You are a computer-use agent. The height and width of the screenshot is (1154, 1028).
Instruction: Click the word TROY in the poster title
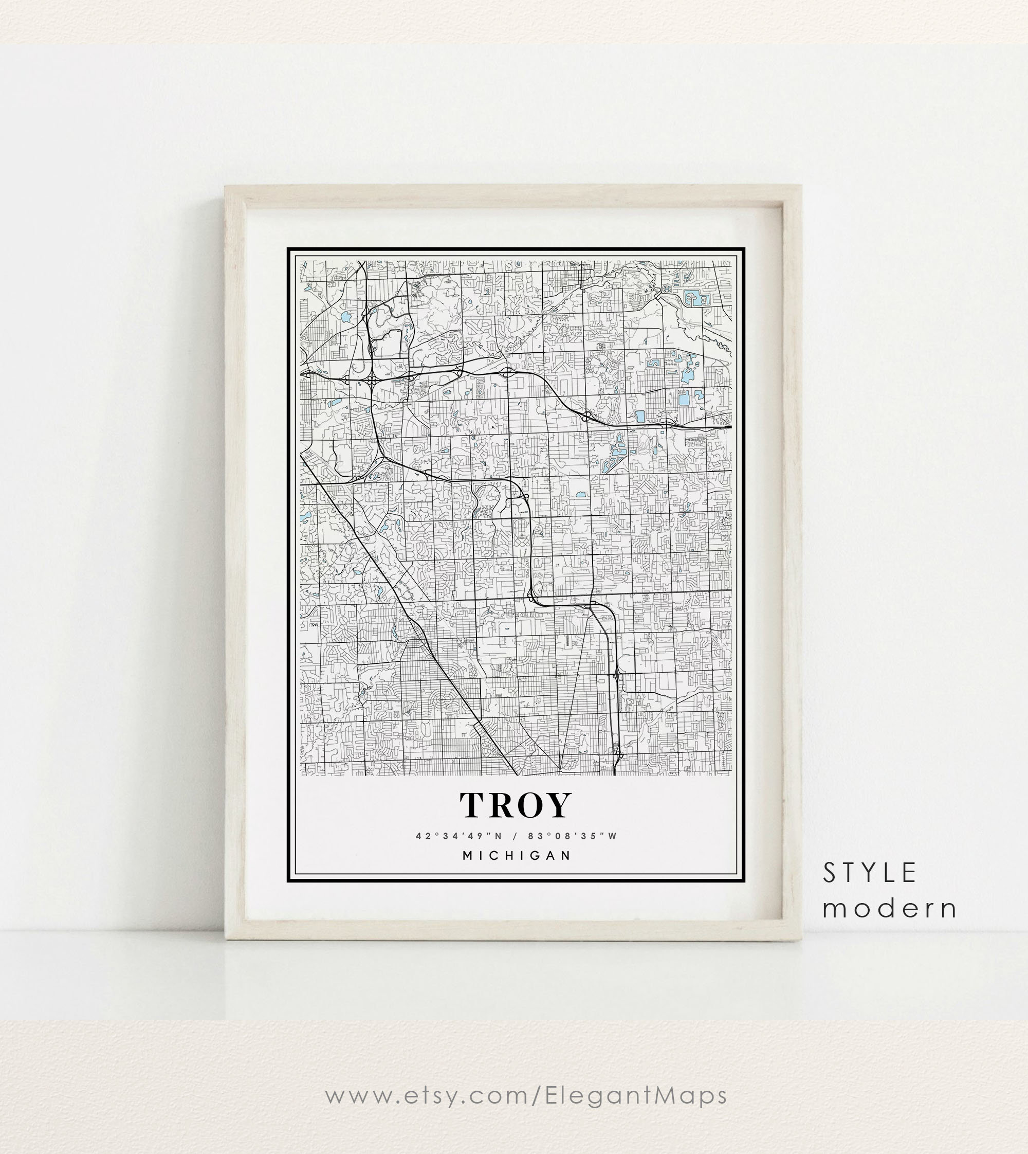point(516,805)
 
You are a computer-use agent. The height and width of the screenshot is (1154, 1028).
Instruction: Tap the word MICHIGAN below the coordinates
point(517,856)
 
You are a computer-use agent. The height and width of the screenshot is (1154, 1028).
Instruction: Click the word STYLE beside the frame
point(869,873)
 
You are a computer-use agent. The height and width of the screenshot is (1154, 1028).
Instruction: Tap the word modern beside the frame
point(890,908)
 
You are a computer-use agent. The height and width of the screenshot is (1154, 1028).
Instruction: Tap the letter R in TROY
point(502,805)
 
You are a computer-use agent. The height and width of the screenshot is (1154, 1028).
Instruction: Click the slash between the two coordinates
point(515,836)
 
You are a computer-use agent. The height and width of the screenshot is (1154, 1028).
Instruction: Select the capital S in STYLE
point(829,873)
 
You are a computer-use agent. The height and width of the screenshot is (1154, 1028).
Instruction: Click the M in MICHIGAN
point(468,856)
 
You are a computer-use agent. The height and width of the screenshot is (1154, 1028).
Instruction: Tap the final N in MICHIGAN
point(566,856)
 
